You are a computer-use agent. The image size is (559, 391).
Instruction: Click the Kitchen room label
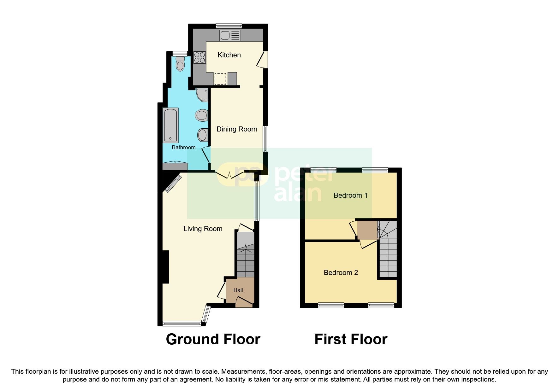point(229,55)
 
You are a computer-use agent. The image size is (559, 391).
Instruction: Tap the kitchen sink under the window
point(230,35)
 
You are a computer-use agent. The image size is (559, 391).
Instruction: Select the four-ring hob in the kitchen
point(199,57)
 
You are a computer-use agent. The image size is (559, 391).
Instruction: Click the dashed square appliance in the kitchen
point(220,79)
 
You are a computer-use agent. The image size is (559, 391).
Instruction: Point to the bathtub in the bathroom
point(171,125)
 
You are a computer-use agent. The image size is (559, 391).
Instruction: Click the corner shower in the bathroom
point(202,95)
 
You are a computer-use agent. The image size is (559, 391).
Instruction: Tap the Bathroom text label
point(183,147)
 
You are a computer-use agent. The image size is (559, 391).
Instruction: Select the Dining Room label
point(236,129)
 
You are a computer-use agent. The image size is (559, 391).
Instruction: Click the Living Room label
point(203,229)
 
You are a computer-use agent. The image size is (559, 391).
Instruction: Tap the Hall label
point(238,290)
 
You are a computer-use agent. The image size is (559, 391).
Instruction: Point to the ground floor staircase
point(245,259)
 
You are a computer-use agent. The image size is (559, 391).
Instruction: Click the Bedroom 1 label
point(350,195)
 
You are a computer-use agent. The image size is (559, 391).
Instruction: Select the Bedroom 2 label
point(341,273)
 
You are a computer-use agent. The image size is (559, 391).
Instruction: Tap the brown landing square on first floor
point(367,230)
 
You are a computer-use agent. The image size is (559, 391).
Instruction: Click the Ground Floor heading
point(213,340)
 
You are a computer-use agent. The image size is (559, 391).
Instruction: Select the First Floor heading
point(351,340)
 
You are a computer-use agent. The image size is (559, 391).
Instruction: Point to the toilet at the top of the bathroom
point(180,64)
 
